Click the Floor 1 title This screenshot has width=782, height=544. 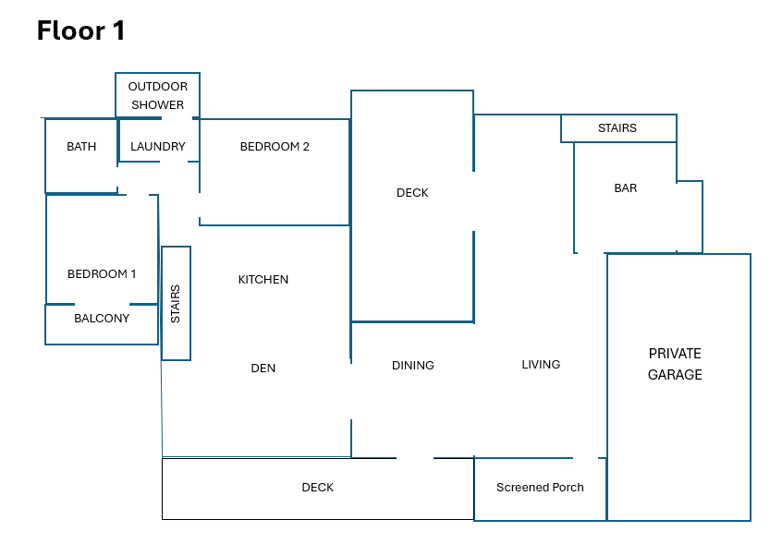[x=80, y=30]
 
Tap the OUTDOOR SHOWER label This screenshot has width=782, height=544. [x=157, y=95]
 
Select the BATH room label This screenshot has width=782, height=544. [x=81, y=146]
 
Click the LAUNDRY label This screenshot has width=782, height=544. [x=158, y=146]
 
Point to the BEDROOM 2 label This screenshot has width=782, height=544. [x=275, y=146]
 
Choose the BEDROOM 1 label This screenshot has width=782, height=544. [x=102, y=273]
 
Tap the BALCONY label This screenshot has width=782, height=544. [x=102, y=318]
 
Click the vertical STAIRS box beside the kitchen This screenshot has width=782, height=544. [x=176, y=303]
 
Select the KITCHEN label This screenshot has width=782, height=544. [x=263, y=279]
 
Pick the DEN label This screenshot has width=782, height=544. [x=263, y=368]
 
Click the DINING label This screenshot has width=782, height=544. [x=412, y=365]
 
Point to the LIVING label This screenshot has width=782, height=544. [x=541, y=364]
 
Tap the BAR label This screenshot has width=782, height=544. [x=626, y=187]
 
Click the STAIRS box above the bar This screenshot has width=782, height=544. [x=617, y=128]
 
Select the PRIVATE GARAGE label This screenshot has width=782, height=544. [x=675, y=364]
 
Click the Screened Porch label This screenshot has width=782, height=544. [x=540, y=487]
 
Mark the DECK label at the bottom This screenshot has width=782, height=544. [x=318, y=487]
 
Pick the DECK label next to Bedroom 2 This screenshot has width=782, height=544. [x=412, y=192]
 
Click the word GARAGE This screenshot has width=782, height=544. [x=675, y=375]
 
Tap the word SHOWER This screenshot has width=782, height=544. [x=157, y=104]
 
